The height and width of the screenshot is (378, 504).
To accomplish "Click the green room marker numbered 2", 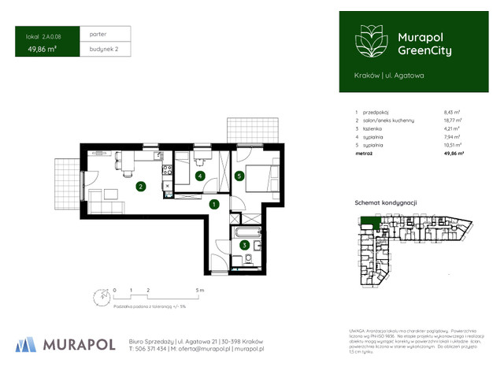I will click(140, 187).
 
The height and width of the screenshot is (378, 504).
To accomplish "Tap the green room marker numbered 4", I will click(201, 176).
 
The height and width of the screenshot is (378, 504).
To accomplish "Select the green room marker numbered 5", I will click(239, 176).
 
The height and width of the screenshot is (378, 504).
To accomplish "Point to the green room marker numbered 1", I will click(214, 205).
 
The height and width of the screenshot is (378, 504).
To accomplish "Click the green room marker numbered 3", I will click(245, 245).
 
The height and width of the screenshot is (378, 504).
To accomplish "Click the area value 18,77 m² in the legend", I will click(453, 120).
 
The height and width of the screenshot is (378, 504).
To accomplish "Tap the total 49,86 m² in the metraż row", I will click(454, 154).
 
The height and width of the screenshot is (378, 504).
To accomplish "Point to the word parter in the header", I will click(98, 34).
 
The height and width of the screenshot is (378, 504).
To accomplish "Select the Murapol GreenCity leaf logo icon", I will click(369, 40).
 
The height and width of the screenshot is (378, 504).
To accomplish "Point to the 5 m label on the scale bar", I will click(201, 291).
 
